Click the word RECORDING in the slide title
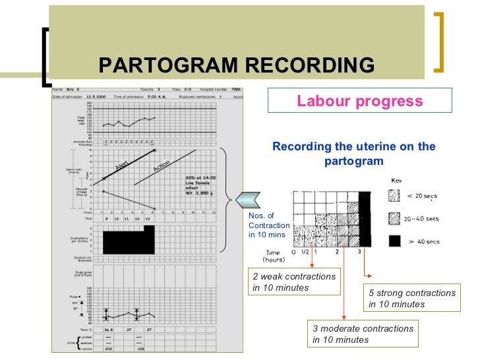click(x=309, y=66)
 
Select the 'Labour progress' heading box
click(x=359, y=102)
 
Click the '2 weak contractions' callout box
click(x=293, y=282)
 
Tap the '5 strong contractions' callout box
click(x=412, y=298)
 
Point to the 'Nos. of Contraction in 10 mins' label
click(x=268, y=225)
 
